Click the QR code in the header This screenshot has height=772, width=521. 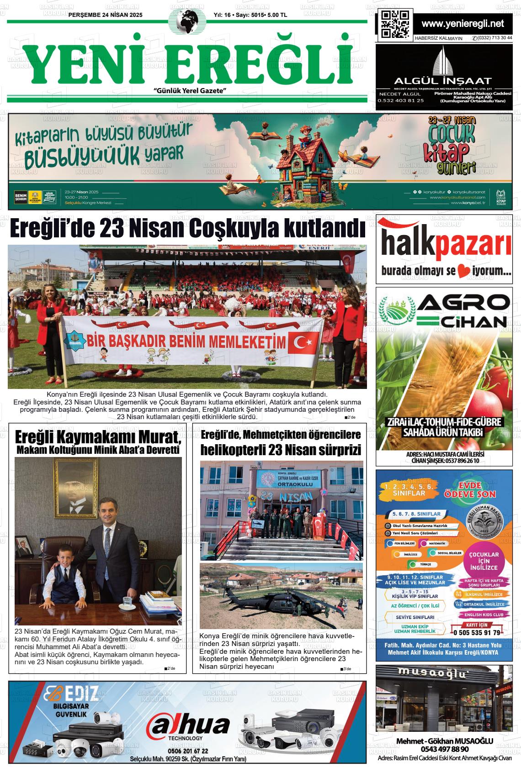[395, 24]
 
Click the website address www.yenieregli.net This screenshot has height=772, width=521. [463, 24]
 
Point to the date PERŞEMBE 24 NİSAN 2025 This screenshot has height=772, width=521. [105, 15]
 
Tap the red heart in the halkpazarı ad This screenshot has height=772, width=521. [463, 271]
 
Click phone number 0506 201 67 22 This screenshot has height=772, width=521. [188, 751]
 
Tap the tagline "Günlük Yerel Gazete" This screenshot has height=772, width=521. [191, 91]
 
